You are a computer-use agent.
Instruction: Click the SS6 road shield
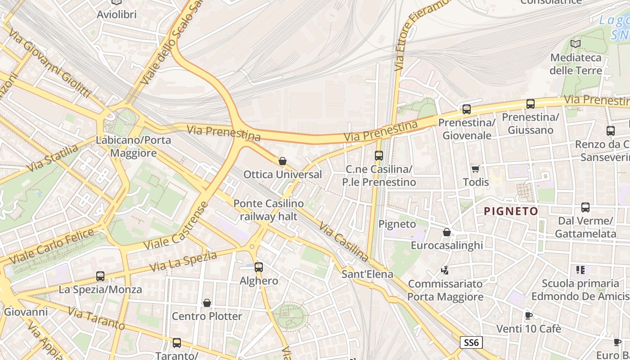471,342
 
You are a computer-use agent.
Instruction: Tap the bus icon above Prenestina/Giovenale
467,109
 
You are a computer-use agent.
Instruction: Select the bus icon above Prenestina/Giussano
531,104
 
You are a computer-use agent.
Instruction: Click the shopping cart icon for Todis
476,169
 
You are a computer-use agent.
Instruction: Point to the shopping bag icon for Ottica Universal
283,161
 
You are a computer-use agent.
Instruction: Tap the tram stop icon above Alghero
259,267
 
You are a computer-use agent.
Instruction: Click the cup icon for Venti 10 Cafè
529,315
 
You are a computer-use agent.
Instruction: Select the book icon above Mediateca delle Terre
576,44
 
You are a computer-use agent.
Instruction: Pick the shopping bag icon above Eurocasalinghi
447,232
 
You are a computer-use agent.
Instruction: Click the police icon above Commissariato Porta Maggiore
445,270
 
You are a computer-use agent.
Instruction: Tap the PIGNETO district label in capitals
511,211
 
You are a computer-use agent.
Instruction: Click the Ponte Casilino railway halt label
269,210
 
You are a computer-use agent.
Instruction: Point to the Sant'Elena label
367,274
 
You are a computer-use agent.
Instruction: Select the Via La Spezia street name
183,261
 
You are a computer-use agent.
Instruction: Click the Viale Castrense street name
176,226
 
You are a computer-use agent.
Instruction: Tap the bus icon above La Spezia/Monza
100,276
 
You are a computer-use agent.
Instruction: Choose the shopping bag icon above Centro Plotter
207,303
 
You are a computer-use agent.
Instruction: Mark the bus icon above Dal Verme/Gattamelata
585,207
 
